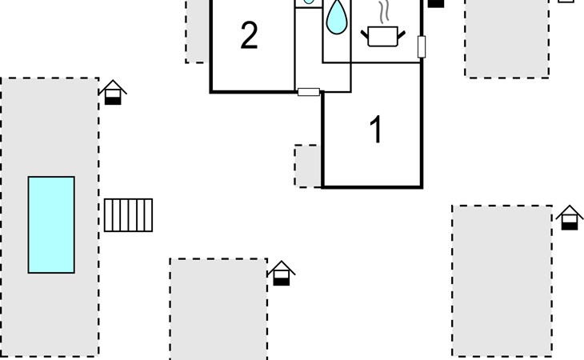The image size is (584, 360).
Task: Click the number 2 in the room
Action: click(x=249, y=36)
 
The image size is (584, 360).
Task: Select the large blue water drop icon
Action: click(x=338, y=17)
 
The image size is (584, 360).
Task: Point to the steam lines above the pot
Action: click(x=385, y=12)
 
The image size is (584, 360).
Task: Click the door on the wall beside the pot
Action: click(x=422, y=47)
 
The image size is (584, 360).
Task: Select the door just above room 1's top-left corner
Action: click(x=309, y=92)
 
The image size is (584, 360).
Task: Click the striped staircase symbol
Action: click(x=128, y=215)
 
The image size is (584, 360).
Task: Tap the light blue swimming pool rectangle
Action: click(x=51, y=225)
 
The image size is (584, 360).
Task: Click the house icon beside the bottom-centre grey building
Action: click(x=280, y=273)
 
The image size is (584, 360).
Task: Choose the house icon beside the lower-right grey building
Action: click(x=570, y=218)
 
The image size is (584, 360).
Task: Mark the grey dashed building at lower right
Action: click(x=502, y=281)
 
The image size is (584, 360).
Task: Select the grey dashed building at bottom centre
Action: click(x=218, y=309)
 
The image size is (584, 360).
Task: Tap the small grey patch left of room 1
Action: click(x=307, y=166)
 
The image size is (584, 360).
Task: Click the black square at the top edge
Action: click(x=436, y=3)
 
